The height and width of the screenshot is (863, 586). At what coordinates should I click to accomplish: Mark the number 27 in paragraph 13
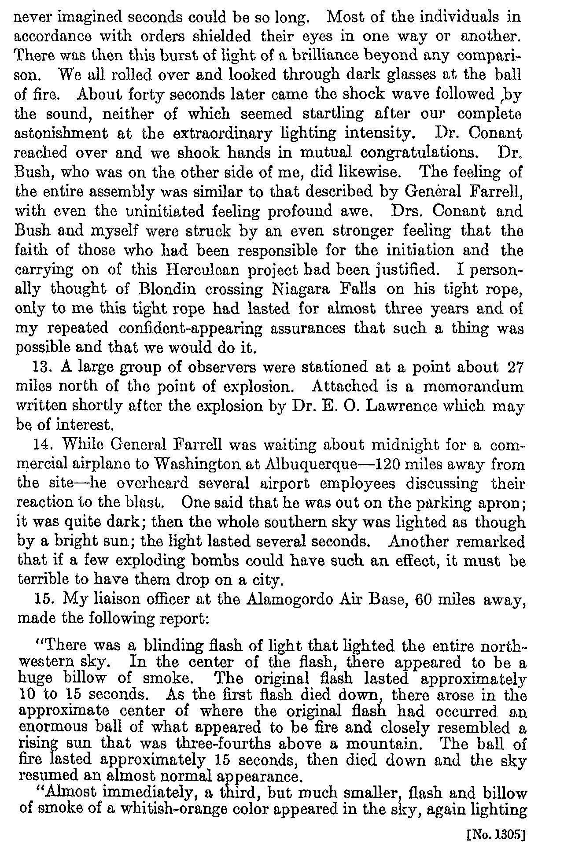(x=515, y=367)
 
